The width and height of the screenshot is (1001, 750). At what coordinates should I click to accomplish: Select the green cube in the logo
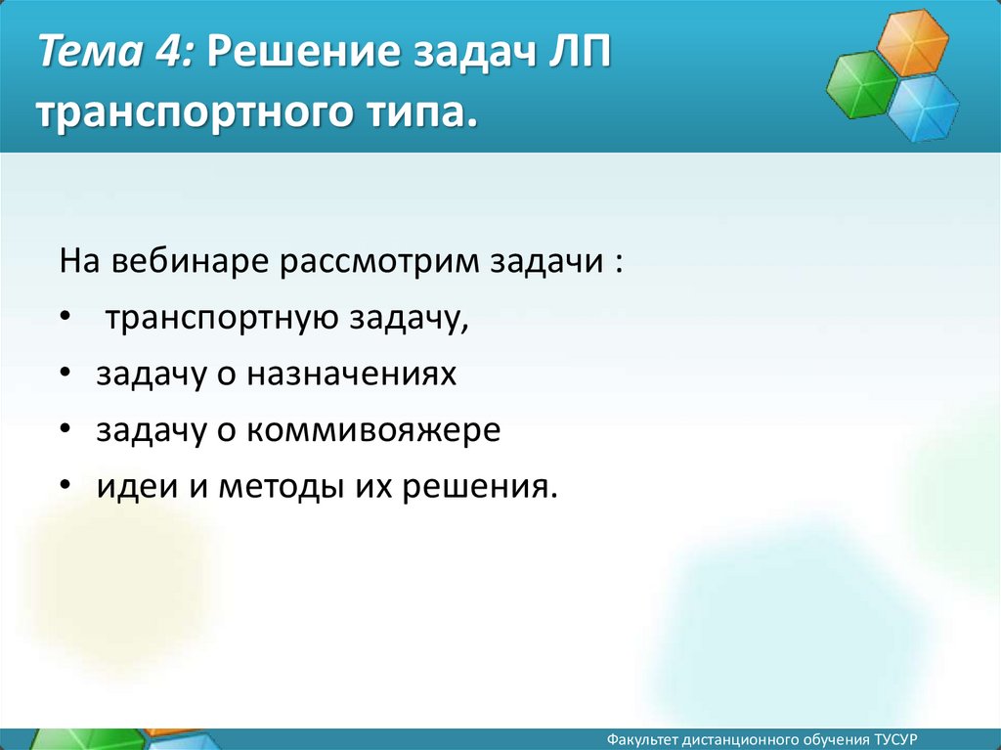click(862, 85)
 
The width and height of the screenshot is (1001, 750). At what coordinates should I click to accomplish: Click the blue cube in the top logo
click(923, 108)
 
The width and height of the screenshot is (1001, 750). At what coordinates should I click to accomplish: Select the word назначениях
click(352, 374)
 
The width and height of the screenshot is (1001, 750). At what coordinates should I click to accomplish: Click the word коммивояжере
click(373, 430)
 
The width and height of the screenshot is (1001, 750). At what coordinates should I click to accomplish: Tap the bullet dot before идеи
click(65, 485)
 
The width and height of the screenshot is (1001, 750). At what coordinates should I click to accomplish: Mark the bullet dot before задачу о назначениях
click(65, 372)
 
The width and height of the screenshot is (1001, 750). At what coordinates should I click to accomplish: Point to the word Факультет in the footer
click(642, 740)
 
